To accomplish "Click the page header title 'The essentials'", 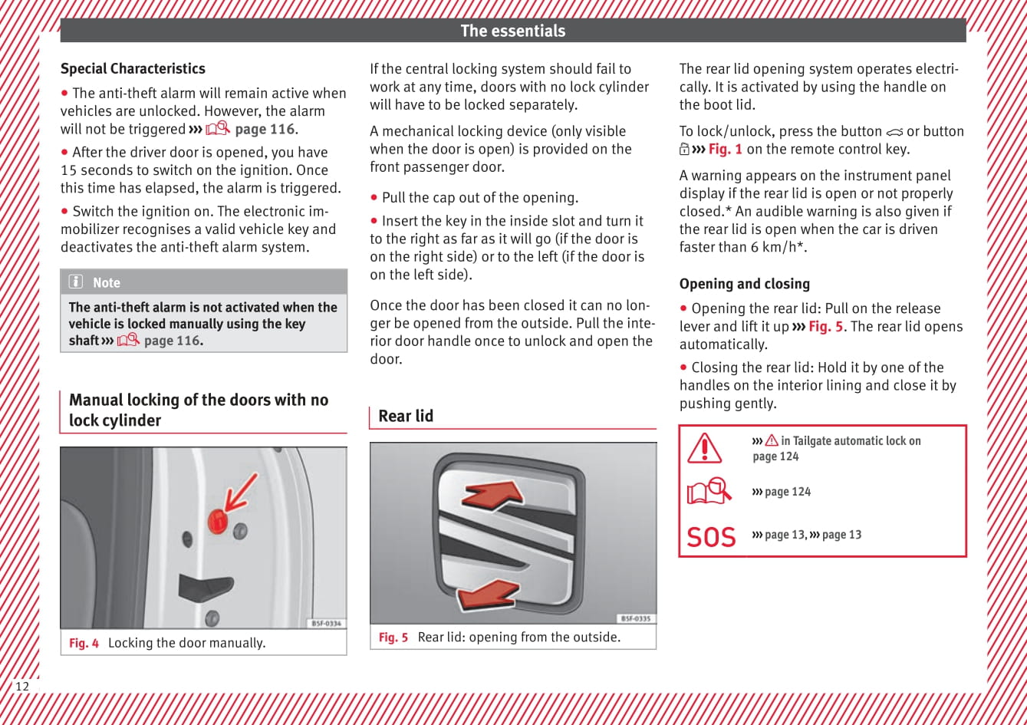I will point(512,31).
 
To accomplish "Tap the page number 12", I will point(22,686).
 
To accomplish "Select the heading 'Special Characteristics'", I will point(133,68).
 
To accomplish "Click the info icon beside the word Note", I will point(76,282).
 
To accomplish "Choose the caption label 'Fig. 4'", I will point(84,643).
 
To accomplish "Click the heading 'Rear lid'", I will point(406,416).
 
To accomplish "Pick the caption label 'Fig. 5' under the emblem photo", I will point(393,637).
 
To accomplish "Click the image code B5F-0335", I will point(634,618).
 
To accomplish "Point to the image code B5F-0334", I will point(327,624).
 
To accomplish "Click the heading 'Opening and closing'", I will point(744,284).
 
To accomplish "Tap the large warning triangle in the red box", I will point(704,447).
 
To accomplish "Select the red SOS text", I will point(711,537).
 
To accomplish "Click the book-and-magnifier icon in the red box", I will point(709,491).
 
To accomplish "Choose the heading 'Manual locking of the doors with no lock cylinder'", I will point(199,410).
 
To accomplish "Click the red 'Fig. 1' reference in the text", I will point(725,150).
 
